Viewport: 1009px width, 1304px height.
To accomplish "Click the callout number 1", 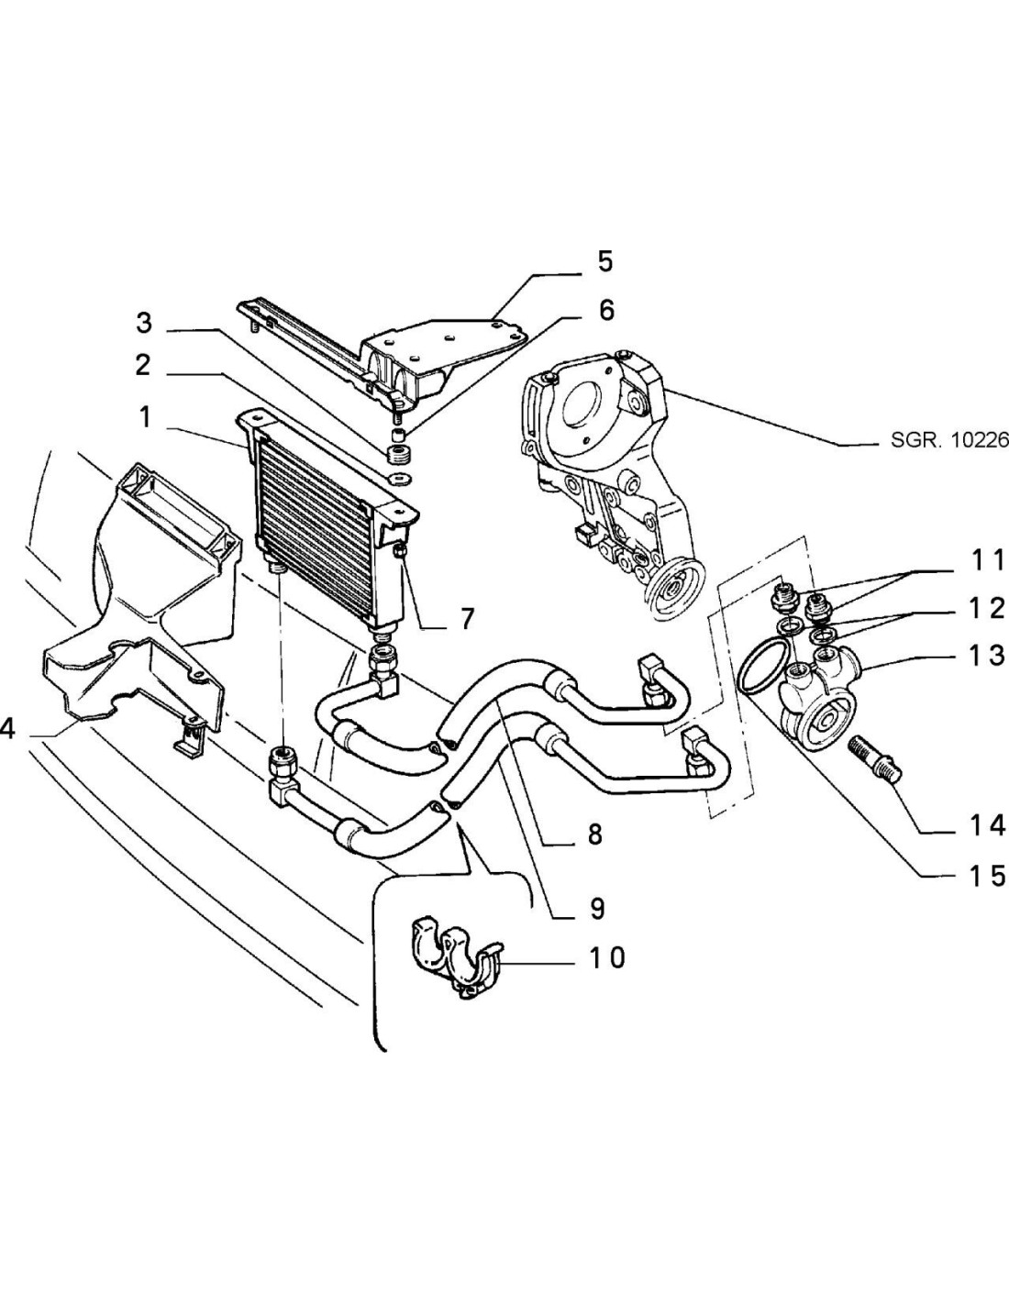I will click(144, 417).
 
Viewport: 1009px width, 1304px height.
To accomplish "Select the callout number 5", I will click(605, 261).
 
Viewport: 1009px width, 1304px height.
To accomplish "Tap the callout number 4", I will click(7, 730).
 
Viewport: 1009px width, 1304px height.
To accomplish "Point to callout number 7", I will click(467, 619).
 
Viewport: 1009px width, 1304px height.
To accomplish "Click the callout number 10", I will click(606, 957).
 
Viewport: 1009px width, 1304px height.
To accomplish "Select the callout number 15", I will click(987, 876).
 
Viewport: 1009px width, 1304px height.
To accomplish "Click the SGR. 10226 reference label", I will click(948, 440).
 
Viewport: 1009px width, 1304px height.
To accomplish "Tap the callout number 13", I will click(987, 656).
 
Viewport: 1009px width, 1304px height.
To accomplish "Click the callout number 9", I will click(596, 908).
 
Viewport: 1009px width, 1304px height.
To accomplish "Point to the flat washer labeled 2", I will click(400, 479).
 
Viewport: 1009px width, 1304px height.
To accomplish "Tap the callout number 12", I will click(987, 607).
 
